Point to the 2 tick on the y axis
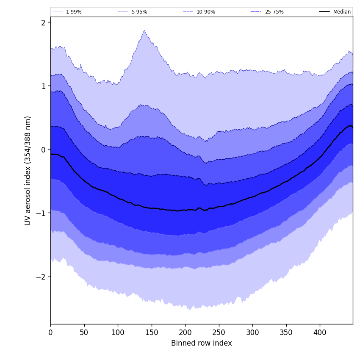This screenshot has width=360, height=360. [x=43, y=22]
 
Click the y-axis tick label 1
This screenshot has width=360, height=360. [x=43, y=86]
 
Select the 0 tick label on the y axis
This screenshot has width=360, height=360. [x=43, y=150]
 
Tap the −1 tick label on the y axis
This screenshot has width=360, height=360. [x=41, y=213]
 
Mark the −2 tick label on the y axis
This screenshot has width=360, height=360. [x=41, y=277]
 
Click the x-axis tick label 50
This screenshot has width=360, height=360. [x=84, y=332]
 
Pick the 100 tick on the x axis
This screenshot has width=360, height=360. [x=118, y=332]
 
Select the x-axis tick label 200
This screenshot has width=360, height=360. [x=185, y=332]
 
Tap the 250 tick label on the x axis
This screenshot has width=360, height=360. [x=219, y=332]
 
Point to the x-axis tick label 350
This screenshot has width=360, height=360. [x=286, y=332]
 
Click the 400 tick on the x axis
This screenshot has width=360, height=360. [x=320, y=332]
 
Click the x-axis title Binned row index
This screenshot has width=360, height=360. [x=202, y=343]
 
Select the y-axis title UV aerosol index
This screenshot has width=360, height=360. [x=28, y=170]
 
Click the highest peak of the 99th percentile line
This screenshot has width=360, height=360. [x=144, y=30]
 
